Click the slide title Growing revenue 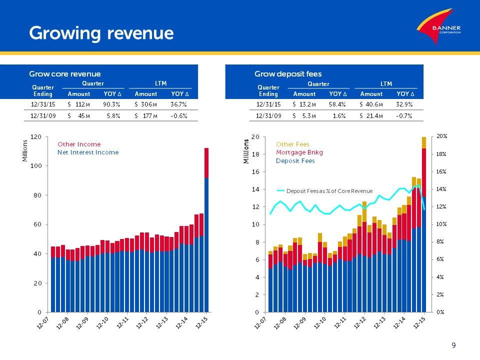coord(101,33)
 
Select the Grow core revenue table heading coord(65,74)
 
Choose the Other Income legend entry coord(79,144)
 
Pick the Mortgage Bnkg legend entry coord(300,152)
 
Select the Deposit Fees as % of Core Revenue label coord(329,191)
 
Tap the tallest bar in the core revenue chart coord(206,230)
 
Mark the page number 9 coord(453,345)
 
